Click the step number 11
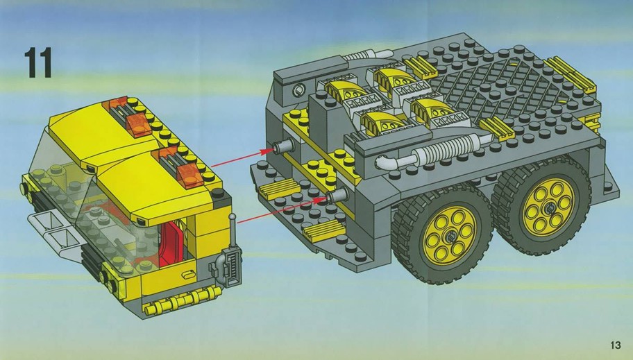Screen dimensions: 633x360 pyautogui.click(x=38, y=62)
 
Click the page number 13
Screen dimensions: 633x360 pyautogui.click(x=615, y=345)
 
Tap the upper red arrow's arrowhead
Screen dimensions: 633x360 pyautogui.click(x=267, y=151)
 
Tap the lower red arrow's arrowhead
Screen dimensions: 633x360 pyautogui.click(x=320, y=199)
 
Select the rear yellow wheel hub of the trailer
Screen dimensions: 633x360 pyautogui.click(x=548, y=206)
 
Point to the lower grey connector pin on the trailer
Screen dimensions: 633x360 pyautogui.click(x=338, y=195)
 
